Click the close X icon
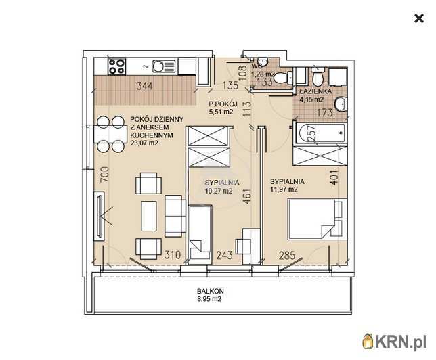click(419, 19)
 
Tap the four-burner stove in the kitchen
click(116, 66)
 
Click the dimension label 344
click(145, 86)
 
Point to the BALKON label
click(210, 292)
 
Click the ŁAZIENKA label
click(315, 91)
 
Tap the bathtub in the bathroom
click(320, 133)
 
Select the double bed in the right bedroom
click(318, 219)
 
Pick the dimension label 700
click(104, 175)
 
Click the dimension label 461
click(247, 196)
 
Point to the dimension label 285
click(287, 255)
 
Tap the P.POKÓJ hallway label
click(223, 104)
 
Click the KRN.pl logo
click(394, 341)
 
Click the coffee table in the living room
click(149, 217)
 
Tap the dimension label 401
click(334, 177)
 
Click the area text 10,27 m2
click(219, 192)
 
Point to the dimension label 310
click(173, 254)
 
